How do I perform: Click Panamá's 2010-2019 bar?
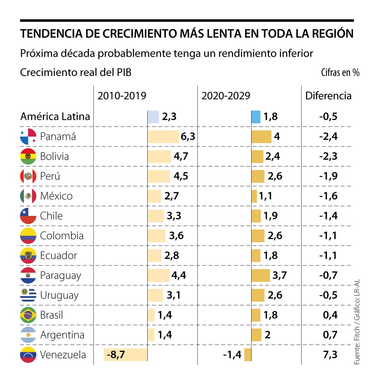[163, 137]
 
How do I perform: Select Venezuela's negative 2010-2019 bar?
[126, 354]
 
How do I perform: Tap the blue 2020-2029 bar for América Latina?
[256, 117]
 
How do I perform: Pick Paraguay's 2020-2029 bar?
[261, 275]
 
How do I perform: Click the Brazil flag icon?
[28, 315]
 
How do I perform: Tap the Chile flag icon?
[28, 216]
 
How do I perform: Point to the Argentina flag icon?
[28, 335]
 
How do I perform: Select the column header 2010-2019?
[122, 96]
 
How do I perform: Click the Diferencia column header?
[328, 96]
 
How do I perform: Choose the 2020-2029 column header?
[226, 96]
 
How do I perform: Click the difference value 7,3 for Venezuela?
[330, 354]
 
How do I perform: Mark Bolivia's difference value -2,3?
[328, 156]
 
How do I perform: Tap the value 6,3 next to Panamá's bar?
[188, 137]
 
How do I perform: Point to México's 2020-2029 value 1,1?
[265, 196]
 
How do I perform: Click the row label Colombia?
[62, 236]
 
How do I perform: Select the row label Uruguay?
[59, 295]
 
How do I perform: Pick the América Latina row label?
[55, 117]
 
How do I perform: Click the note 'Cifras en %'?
[340, 73]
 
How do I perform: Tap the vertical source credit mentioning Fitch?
[357, 322]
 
